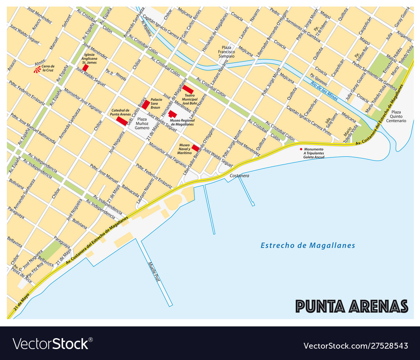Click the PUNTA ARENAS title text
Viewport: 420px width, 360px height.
tap(352, 306)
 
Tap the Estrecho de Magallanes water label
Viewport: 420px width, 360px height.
tap(308, 245)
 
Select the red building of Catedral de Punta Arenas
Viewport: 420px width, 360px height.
tap(122, 121)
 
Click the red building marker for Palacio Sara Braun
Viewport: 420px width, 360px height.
tap(145, 105)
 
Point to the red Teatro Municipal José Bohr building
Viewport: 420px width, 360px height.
tap(187, 89)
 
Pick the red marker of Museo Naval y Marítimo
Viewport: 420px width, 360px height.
tap(195, 148)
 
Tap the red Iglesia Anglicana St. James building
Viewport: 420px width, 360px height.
tap(85, 67)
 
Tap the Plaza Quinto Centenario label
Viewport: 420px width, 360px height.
tap(399, 116)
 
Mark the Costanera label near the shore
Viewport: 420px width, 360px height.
tap(239, 175)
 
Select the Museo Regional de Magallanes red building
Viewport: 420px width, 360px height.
tap(172, 114)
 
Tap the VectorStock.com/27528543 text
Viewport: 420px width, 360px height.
tap(356, 346)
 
